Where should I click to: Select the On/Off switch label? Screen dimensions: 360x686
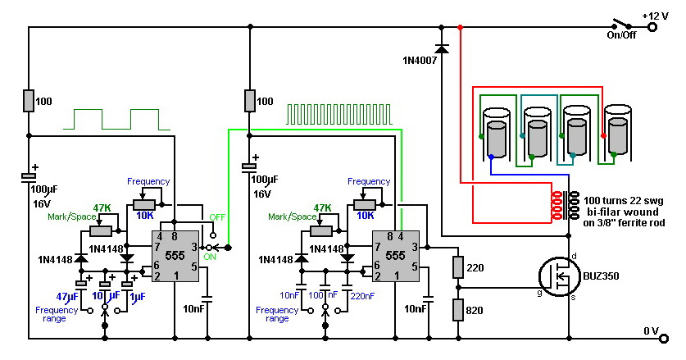point(622,34)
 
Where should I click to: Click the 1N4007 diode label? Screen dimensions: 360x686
point(419,60)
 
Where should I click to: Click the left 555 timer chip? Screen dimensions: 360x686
point(175,257)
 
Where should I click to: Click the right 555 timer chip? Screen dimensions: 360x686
point(395,257)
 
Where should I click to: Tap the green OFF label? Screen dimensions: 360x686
point(217,217)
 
